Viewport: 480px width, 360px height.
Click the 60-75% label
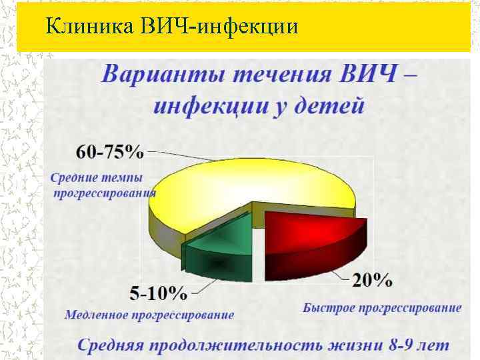(x=110, y=152)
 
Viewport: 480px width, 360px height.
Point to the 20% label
(x=371, y=281)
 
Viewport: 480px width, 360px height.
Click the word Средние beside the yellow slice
(x=73, y=178)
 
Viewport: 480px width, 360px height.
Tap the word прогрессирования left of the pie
(x=105, y=193)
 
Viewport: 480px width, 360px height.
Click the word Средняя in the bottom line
(x=109, y=345)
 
